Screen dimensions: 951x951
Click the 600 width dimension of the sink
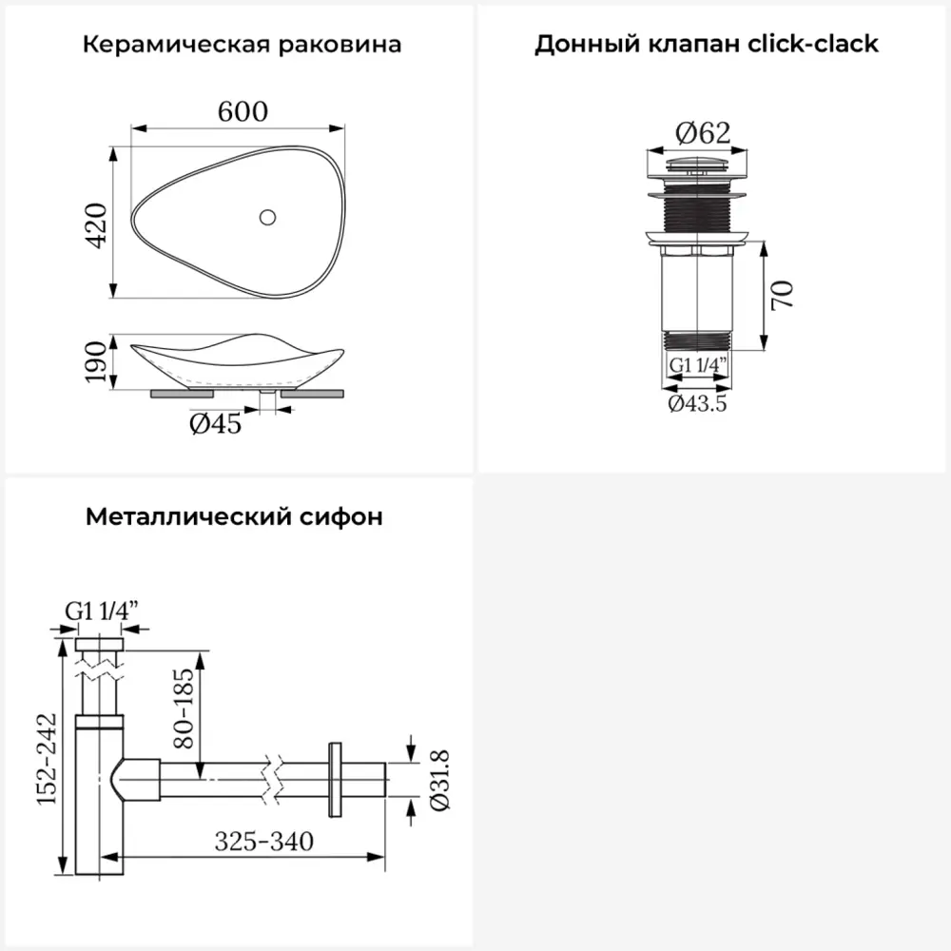pyautogui.click(x=243, y=111)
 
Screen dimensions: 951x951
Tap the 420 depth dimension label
pyautogui.click(x=96, y=225)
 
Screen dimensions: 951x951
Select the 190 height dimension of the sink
pyautogui.click(x=96, y=361)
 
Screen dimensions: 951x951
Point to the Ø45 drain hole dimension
pyautogui.click(x=215, y=424)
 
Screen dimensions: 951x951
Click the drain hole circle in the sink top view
pyautogui.click(x=267, y=217)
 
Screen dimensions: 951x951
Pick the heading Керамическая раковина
pyautogui.click(x=242, y=45)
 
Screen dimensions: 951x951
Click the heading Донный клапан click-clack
pyautogui.click(x=707, y=45)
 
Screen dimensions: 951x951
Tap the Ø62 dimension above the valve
pyautogui.click(x=703, y=133)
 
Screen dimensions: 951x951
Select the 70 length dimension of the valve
pyautogui.click(x=783, y=296)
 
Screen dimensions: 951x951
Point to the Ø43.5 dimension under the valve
pyautogui.click(x=697, y=403)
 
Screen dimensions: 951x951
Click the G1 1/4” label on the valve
pyautogui.click(x=697, y=365)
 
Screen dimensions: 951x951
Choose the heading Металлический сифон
pyautogui.click(x=234, y=516)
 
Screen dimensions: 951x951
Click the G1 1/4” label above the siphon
pyautogui.click(x=102, y=611)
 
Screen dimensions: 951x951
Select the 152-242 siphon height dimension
pyautogui.click(x=47, y=759)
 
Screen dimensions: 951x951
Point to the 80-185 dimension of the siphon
pyautogui.click(x=183, y=708)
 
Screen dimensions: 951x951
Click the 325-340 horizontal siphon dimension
pyautogui.click(x=264, y=842)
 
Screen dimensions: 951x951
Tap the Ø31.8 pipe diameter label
pyautogui.click(x=439, y=781)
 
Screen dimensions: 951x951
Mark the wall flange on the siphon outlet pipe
pyautogui.click(x=334, y=780)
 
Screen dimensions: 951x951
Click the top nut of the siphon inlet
pyautogui.click(x=100, y=644)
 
